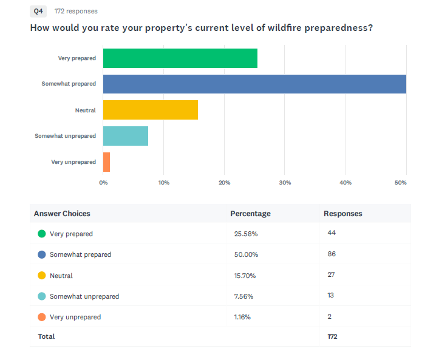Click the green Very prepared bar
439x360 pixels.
coord(180,58)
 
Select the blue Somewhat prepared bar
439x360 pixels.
coord(254,84)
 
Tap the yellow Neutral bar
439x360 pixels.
coord(151,110)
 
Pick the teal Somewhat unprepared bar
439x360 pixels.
coord(126,136)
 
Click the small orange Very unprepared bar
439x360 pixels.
coord(106,162)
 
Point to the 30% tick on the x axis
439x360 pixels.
coord(285,183)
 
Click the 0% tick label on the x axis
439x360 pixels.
coord(103,183)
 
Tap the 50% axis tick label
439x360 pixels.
coord(400,183)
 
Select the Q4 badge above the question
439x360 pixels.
coord(38,11)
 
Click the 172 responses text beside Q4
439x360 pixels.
coord(76,11)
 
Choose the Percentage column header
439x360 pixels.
coord(250,214)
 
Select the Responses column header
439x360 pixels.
coord(343,214)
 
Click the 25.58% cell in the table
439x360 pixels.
coord(246,234)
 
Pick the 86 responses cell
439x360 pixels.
coord(332,254)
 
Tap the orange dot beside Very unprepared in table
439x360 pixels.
coord(42,317)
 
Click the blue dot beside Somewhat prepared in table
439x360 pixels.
coord(42,254)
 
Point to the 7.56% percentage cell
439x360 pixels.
coord(243,296)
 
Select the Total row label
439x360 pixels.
coord(47,336)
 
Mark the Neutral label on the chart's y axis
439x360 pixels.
coord(86,110)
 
